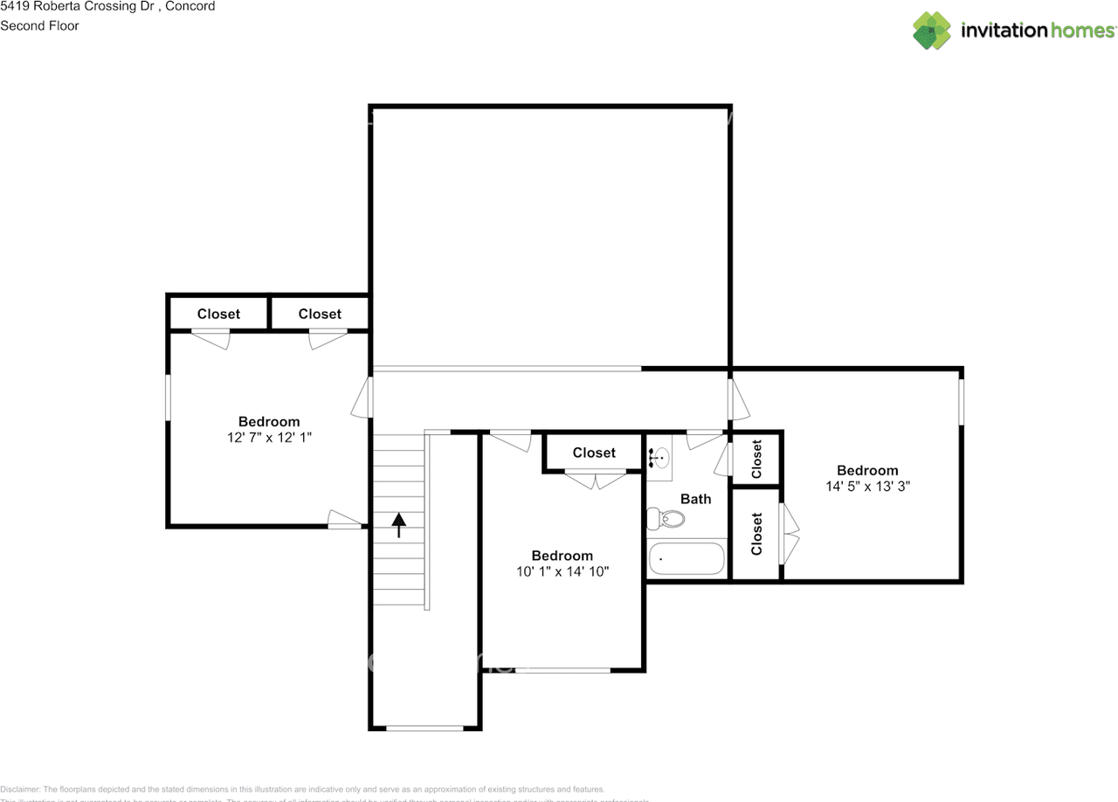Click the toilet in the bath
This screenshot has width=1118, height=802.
point(666,519)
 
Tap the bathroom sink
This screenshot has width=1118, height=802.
point(659,456)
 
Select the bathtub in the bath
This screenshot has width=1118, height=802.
point(687,558)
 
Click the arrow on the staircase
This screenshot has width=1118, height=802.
point(399,524)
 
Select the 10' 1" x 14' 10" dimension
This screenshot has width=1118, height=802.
point(562,570)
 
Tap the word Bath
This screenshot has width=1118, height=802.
point(695,499)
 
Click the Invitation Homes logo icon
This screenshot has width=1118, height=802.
point(931,31)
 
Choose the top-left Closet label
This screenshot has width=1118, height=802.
point(218,314)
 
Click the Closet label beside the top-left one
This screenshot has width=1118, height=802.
point(320,314)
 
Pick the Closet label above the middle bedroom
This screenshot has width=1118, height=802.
point(594,453)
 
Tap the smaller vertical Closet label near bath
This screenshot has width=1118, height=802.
point(756,459)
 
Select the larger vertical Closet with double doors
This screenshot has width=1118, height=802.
point(756,533)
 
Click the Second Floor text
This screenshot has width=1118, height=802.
point(39,25)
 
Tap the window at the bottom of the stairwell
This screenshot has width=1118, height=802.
point(424,728)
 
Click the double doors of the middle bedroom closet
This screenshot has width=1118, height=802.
point(596,479)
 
